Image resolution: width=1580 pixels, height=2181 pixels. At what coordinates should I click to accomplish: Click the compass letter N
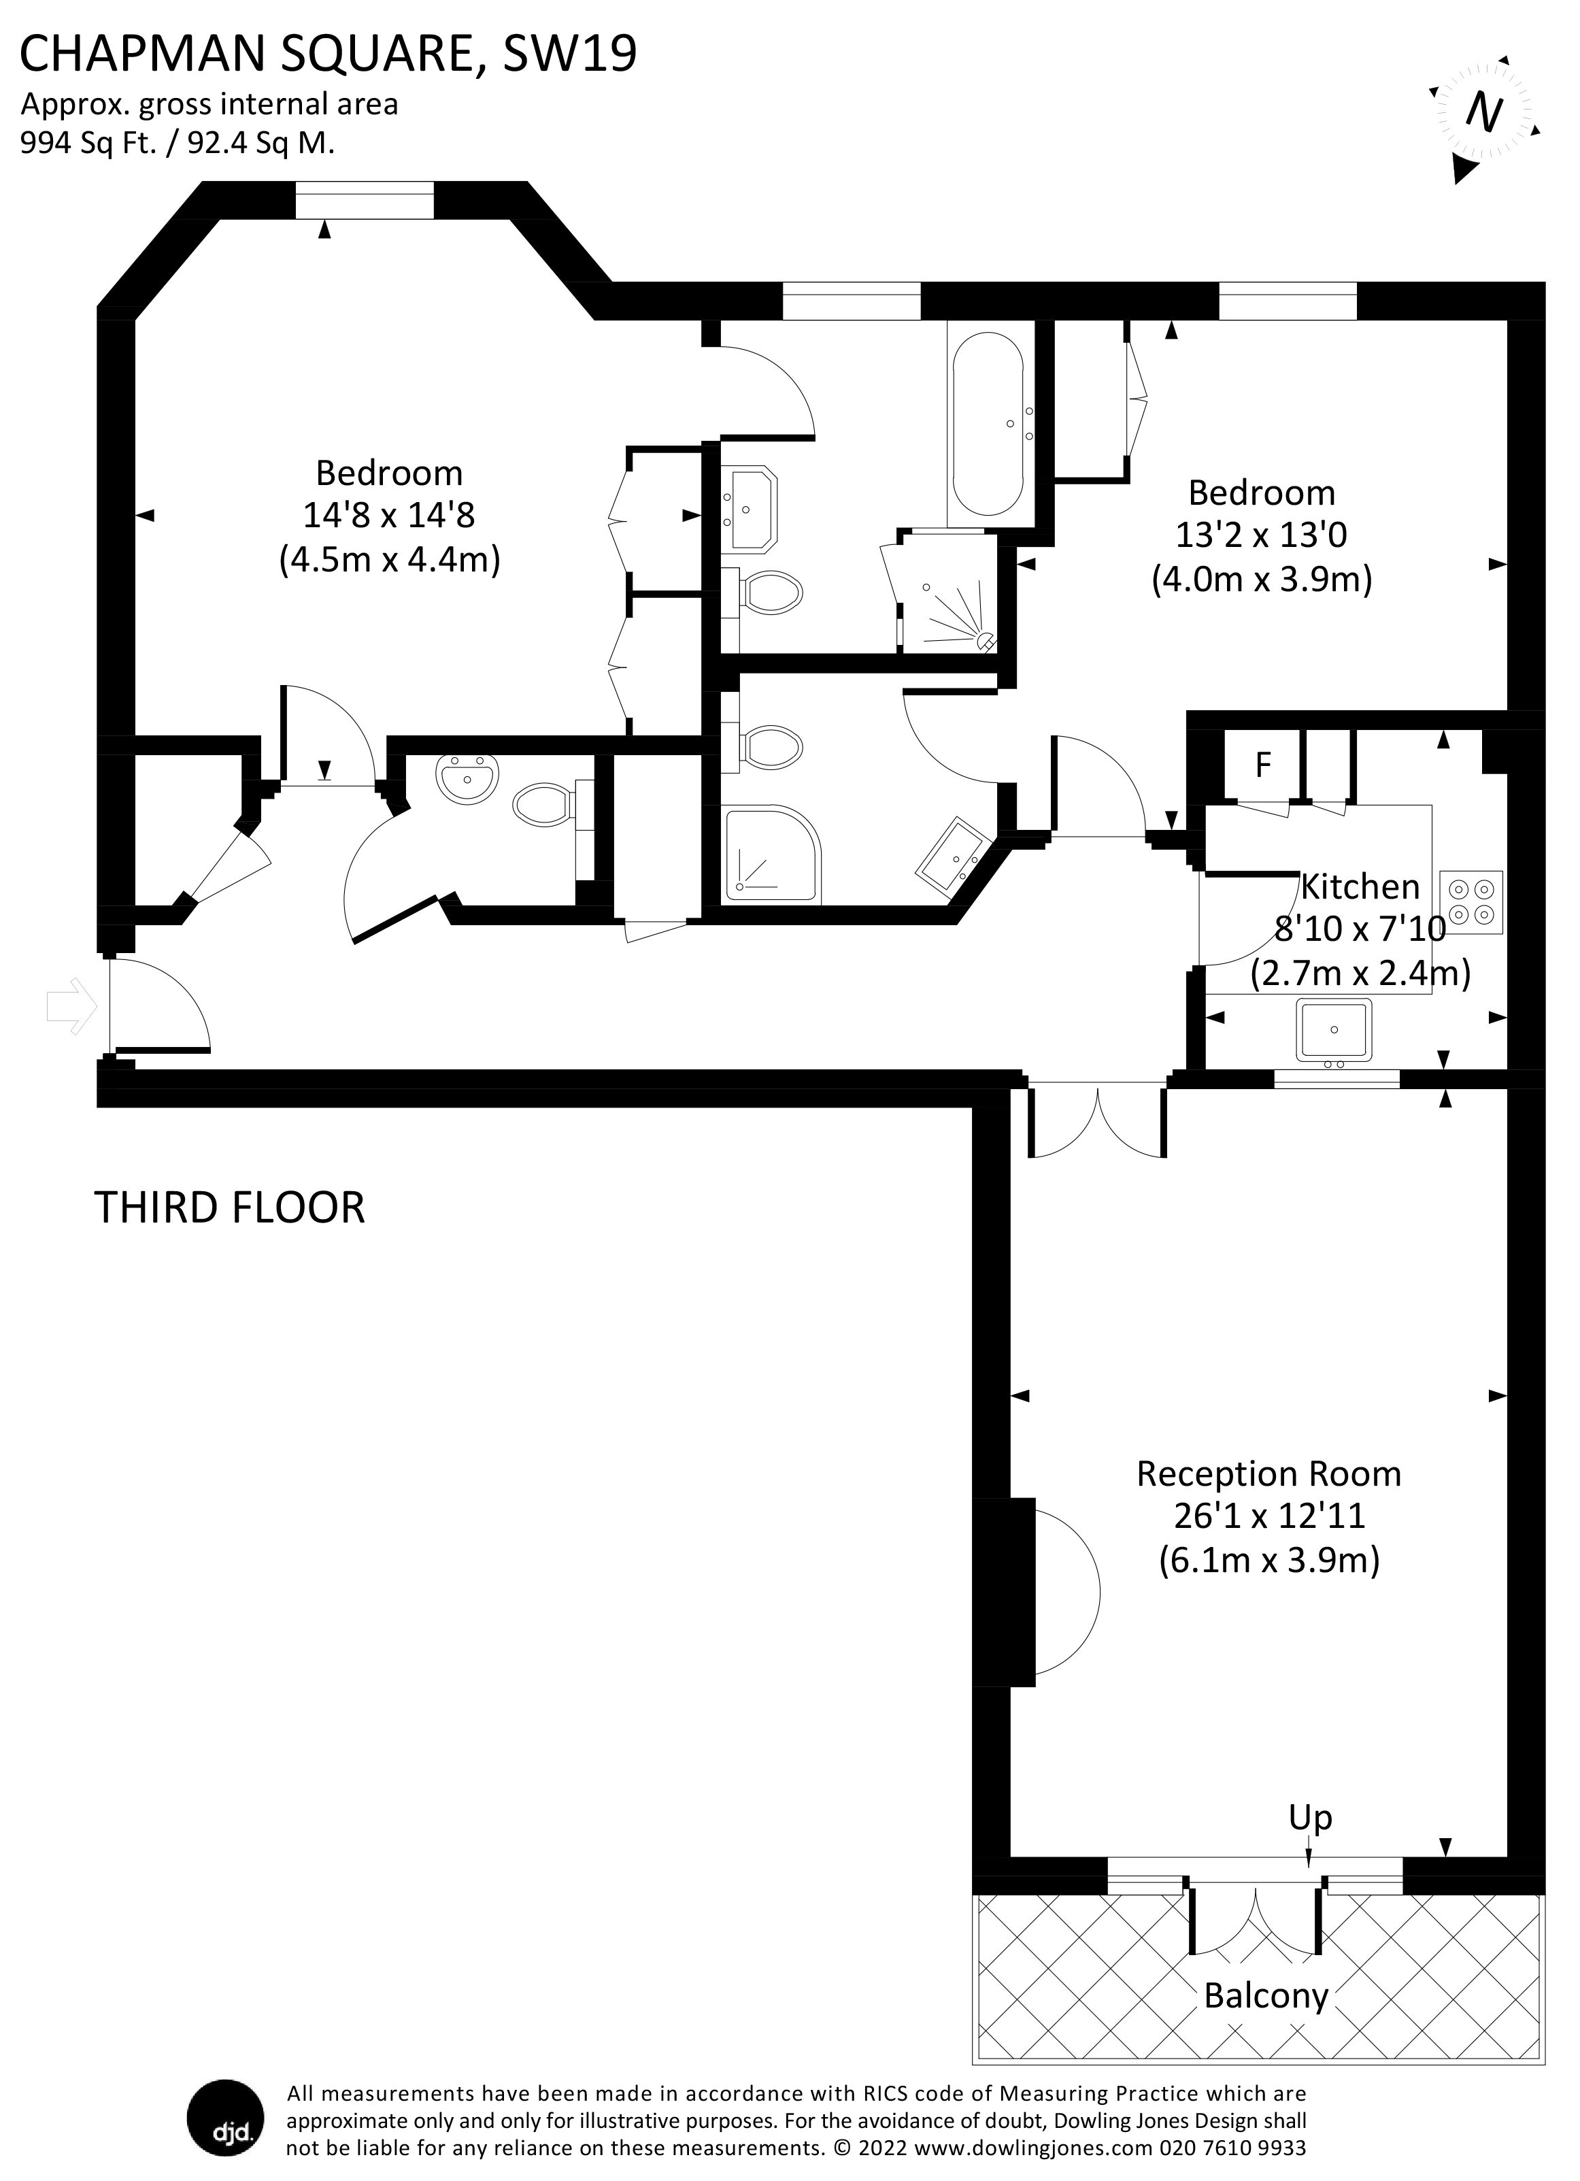(x=1484, y=112)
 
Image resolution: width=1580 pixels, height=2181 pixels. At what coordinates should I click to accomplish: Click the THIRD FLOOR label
(x=230, y=1207)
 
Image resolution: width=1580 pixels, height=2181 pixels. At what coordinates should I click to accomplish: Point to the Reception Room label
(x=1268, y=1474)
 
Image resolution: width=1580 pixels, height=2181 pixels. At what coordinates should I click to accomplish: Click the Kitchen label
(x=1360, y=886)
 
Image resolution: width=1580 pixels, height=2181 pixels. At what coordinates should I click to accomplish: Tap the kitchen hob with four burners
(x=1470, y=902)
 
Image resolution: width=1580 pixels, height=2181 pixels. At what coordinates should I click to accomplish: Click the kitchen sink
(x=1334, y=1030)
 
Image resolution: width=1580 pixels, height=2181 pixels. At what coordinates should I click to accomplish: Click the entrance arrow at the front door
(x=72, y=1007)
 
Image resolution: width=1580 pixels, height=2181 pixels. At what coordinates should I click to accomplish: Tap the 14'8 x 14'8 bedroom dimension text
(x=388, y=516)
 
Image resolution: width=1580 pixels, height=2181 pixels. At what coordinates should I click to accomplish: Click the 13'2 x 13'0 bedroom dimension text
(x=1261, y=535)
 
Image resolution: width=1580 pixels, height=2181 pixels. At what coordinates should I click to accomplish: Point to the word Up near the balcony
(x=1310, y=1818)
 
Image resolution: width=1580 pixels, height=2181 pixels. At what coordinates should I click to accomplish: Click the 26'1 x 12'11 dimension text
(x=1269, y=1516)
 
